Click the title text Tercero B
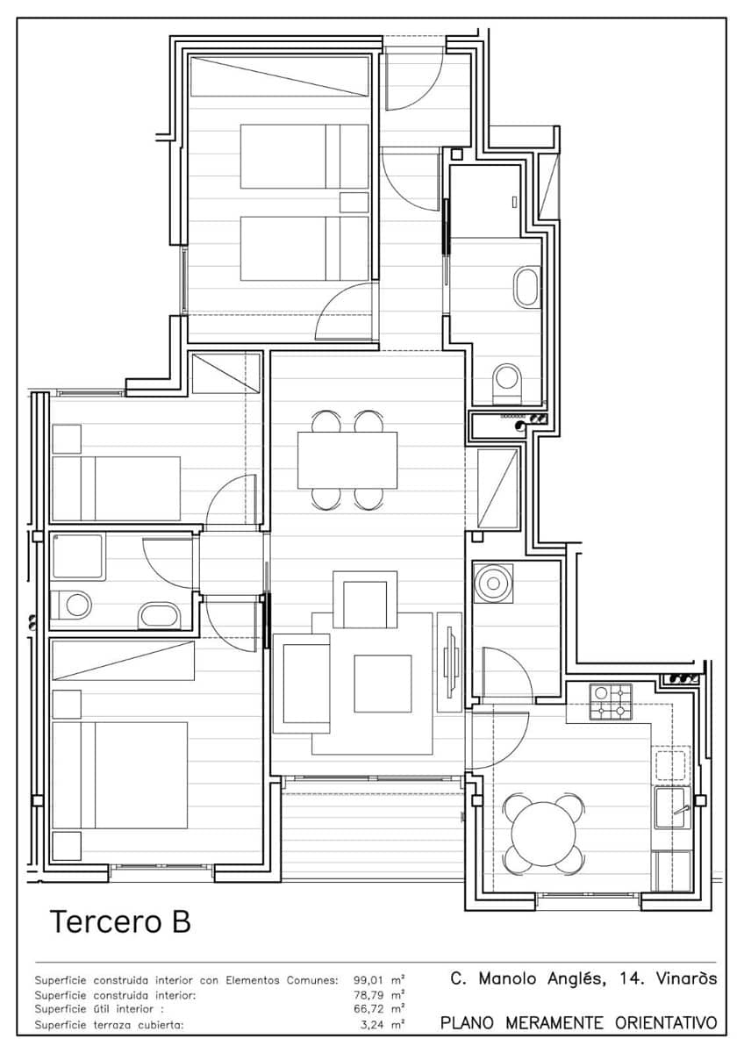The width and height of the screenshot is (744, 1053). (x=120, y=922)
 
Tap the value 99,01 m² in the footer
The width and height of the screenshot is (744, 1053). (x=379, y=980)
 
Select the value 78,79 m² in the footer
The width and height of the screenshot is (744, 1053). (x=379, y=995)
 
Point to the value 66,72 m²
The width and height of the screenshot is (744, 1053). (x=379, y=1009)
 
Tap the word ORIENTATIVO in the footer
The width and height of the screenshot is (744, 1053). (x=666, y=1023)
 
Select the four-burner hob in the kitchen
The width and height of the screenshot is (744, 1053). (x=611, y=702)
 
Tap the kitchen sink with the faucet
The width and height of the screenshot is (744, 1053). (x=674, y=807)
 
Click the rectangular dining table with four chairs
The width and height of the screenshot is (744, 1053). (x=347, y=460)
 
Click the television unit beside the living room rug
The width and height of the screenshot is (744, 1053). (x=450, y=662)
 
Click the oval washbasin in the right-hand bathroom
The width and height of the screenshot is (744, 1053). (x=527, y=287)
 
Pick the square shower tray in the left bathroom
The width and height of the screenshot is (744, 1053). (x=78, y=556)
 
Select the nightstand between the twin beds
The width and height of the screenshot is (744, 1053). (x=354, y=202)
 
